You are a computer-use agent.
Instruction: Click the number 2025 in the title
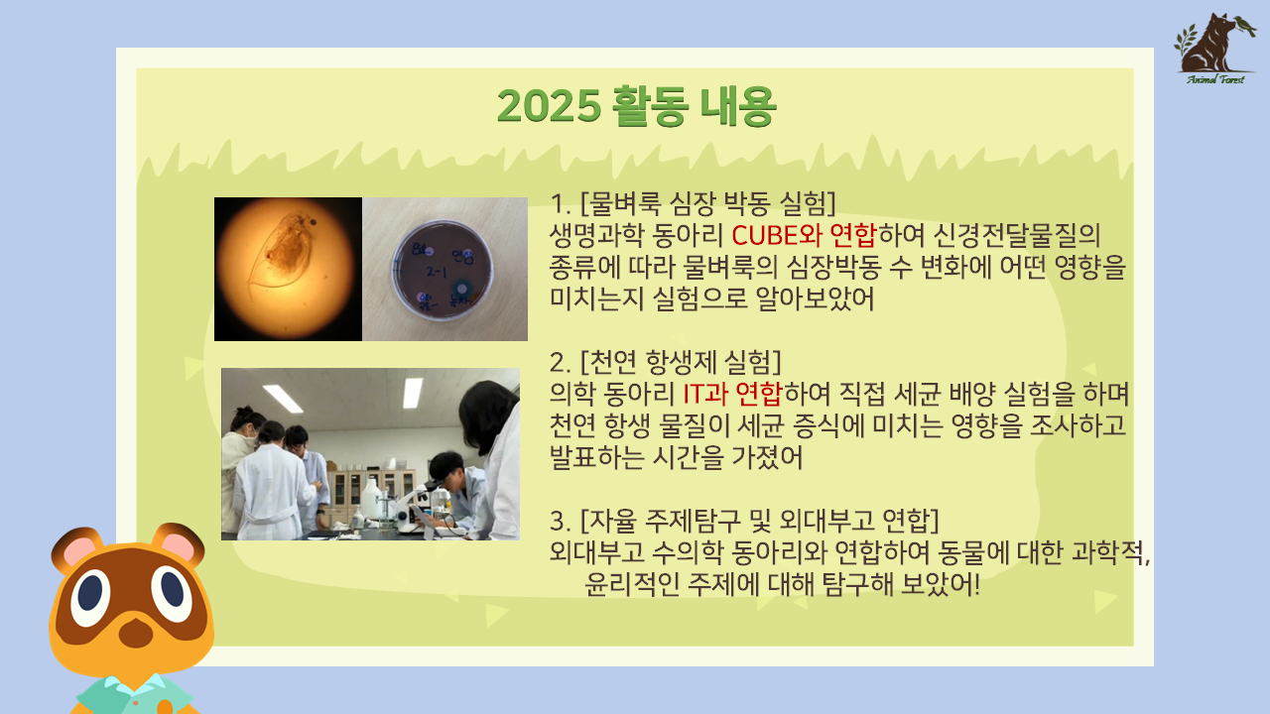click(549, 106)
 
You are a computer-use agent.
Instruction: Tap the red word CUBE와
click(777, 235)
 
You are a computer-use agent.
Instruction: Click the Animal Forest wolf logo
click(1214, 49)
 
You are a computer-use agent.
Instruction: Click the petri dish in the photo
click(443, 271)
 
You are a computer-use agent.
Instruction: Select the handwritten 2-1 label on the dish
click(437, 272)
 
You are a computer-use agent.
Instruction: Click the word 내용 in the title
click(737, 106)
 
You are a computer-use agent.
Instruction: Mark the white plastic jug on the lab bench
click(372, 499)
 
